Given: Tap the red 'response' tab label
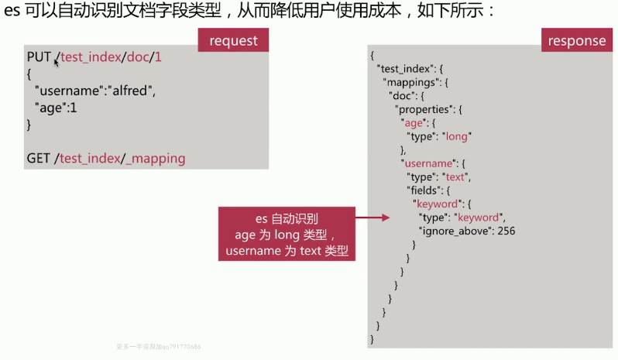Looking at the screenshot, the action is point(577,40).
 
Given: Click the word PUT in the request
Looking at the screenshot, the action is point(39,57).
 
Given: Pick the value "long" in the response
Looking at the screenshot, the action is point(458,136).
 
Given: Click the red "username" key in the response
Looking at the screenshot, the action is point(425,163).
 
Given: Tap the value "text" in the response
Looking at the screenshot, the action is point(456,177).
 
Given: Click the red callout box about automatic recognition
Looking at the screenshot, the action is point(287,233).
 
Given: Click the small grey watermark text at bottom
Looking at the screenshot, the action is point(158,347).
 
